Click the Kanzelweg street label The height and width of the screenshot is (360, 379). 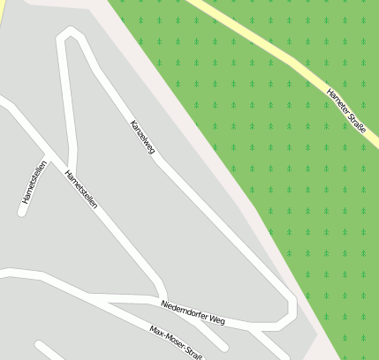(x=142, y=138)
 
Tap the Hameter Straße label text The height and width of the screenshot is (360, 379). (x=347, y=109)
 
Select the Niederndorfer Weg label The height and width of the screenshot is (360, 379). (x=193, y=311)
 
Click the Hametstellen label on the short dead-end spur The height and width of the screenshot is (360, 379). (x=33, y=186)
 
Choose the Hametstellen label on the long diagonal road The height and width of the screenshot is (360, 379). (x=81, y=189)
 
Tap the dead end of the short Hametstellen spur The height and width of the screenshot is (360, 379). (x=21, y=211)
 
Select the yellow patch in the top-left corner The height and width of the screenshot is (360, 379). (x=2, y=7)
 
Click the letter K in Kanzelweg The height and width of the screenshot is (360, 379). (x=132, y=123)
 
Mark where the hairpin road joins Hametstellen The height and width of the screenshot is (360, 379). (x=72, y=167)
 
